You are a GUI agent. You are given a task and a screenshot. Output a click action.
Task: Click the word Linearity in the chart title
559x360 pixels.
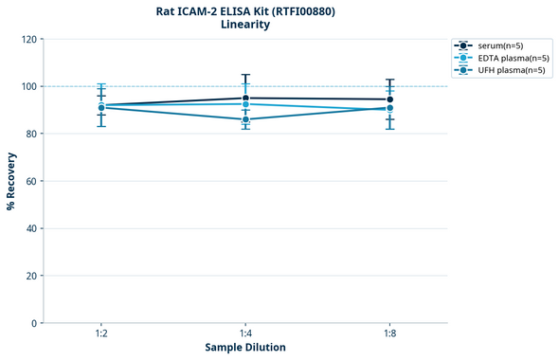pos(245,25)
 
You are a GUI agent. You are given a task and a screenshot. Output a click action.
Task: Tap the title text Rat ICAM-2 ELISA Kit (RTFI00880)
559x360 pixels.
pos(245,11)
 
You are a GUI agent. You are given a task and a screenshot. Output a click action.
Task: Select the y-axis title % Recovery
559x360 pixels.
pos(11,180)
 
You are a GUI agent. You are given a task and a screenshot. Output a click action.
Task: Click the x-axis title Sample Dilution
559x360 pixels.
pos(245,348)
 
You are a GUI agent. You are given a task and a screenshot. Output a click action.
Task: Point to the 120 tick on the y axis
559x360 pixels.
pos(28,39)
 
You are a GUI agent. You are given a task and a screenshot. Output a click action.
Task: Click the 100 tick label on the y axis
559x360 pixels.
pos(28,86)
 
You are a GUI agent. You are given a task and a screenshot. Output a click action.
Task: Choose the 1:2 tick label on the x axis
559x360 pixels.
pos(101,333)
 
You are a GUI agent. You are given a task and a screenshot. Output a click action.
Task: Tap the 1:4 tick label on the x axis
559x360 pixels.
pos(245,333)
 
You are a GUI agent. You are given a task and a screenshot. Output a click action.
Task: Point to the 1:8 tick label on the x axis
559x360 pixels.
pos(389,333)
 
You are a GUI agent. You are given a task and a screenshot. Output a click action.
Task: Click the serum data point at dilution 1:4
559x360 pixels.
pos(245,99)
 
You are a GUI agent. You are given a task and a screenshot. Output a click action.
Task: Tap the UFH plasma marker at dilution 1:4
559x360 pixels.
pos(245,119)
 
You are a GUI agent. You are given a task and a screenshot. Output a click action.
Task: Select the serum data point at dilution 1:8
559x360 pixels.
pos(389,99)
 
